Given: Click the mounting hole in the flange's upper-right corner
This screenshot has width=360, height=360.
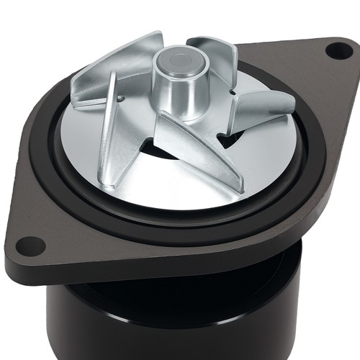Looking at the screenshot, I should coord(338,50).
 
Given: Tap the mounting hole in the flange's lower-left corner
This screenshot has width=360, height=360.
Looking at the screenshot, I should coord(30,246).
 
